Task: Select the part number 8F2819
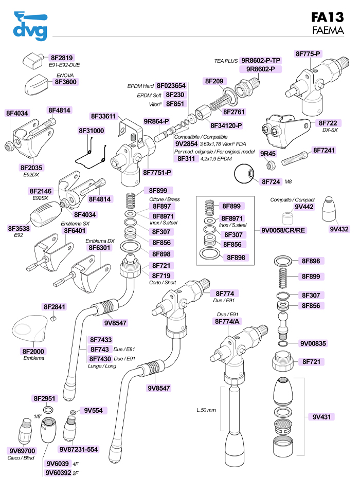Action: point(62,58)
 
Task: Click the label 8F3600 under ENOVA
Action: point(66,82)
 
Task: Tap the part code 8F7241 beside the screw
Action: point(324,151)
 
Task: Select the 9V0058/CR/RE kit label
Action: point(283,230)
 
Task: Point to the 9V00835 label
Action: point(312,343)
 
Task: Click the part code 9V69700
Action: point(22,451)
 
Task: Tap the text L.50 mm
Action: point(206,410)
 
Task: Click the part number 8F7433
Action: point(101,340)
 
